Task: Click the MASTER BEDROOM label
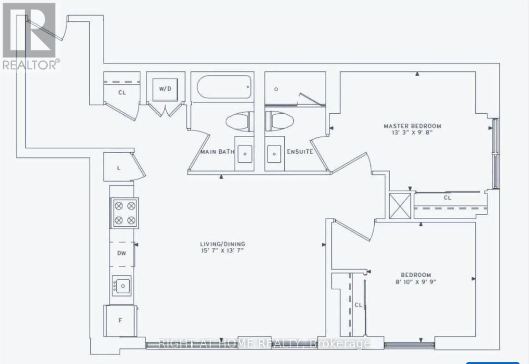tap(412, 126)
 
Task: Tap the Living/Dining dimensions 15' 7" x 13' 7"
tap(222, 250)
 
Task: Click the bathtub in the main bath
tap(224, 87)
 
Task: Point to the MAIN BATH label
tap(217, 152)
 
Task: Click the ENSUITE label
tap(300, 152)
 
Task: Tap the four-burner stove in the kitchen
tap(125, 213)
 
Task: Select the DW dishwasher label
tap(122, 253)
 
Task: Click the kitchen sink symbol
tap(122, 285)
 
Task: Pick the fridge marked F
tap(120, 320)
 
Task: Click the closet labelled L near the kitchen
tap(119, 168)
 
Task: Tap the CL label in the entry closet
tap(122, 92)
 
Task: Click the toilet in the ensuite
tap(279, 121)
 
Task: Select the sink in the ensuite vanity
tap(274, 154)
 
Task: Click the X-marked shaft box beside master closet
tap(400, 206)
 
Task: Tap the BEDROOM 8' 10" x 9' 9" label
tap(416, 278)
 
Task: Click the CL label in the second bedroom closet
tap(358, 305)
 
